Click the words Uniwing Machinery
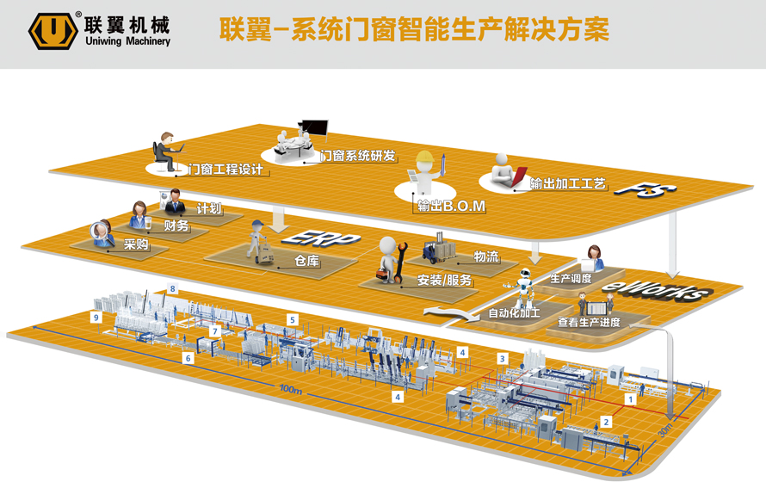[x=127, y=40]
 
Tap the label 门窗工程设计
[x=225, y=170]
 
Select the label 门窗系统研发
[x=357, y=156]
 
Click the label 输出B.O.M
[x=451, y=206]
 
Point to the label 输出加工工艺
[x=568, y=183]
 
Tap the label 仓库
[x=306, y=262]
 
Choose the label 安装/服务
[x=444, y=280]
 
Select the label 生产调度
[x=571, y=278]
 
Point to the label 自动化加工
[x=514, y=312]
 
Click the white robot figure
[x=522, y=287]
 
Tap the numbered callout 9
[x=96, y=317]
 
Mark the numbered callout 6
[x=188, y=357]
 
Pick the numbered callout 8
[x=173, y=289]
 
